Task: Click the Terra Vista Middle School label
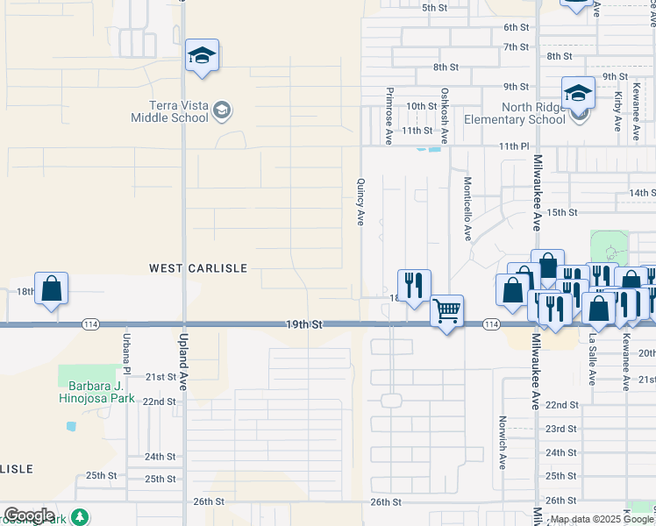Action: click(170, 111)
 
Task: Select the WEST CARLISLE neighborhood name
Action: click(198, 267)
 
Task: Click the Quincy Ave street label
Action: click(360, 203)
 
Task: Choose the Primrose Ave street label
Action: click(389, 117)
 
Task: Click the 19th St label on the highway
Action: click(303, 324)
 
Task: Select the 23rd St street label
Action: click(561, 429)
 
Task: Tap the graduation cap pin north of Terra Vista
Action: click(202, 57)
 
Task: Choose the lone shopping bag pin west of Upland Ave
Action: click(52, 289)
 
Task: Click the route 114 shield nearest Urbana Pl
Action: click(89, 324)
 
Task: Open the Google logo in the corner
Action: click(29, 515)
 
